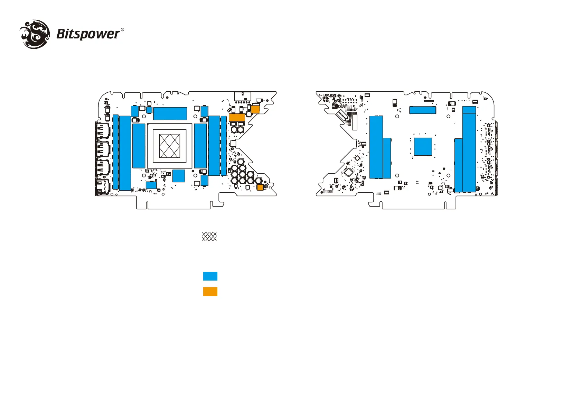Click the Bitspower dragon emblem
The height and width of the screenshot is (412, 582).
tap(35, 34)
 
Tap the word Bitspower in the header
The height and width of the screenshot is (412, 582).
tap(88, 34)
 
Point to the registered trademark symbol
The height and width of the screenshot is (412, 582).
tap(122, 30)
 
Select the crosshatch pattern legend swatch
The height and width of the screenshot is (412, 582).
tap(209, 236)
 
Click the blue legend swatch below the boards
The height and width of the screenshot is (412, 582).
tap(210, 276)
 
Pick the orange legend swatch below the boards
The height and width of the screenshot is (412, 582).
tap(210, 292)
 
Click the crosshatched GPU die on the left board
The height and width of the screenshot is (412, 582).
tap(170, 146)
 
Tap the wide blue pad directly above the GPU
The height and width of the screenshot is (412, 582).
tap(170, 113)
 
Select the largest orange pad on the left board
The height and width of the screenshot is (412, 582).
tap(237, 117)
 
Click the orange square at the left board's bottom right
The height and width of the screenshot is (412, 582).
tap(260, 187)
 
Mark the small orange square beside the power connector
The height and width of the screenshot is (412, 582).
tap(255, 109)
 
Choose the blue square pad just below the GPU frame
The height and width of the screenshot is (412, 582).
tap(179, 176)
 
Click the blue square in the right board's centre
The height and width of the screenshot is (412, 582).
tap(423, 146)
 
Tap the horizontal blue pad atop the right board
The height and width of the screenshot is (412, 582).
tap(422, 110)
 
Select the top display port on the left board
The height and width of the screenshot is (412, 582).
tap(102, 131)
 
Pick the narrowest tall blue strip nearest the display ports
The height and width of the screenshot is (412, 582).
tap(115, 152)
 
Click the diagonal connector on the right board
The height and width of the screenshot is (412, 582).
tap(342, 116)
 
